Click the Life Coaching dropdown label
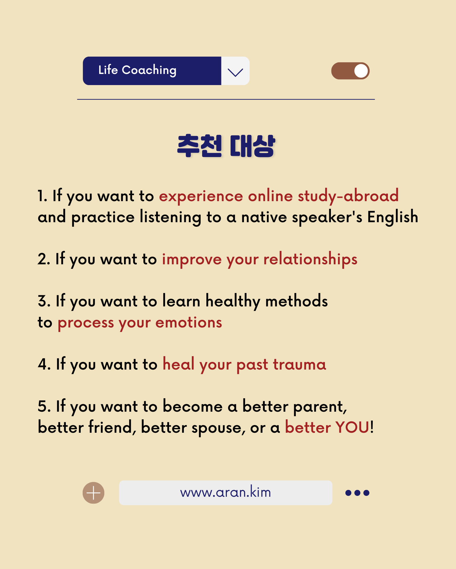137,70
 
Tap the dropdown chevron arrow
235,72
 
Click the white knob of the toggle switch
361,71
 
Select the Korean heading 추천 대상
226,146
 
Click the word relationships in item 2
310,259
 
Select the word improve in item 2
192,260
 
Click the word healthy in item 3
233,302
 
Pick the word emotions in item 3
189,323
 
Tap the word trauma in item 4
300,365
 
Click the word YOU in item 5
353,428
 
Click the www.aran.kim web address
225,492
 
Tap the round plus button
93,493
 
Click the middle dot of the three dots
357,493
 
